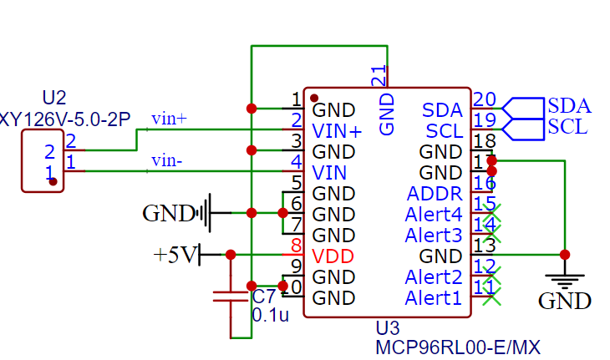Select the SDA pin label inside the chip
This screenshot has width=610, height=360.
pos(442,109)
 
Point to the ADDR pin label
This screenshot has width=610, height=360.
pos(435,194)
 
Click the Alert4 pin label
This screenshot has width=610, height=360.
pos(433,215)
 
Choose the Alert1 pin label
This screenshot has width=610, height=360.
pos(433,298)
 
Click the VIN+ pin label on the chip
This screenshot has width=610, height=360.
pos(337,131)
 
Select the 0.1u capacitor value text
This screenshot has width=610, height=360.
pos(270,315)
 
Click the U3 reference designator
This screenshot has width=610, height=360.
pos(389,327)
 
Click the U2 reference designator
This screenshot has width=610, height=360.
pos(53,99)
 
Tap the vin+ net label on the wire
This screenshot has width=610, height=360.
pos(169,119)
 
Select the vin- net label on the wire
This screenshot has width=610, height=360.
pos(168,160)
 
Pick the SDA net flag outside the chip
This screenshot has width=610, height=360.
pos(569,106)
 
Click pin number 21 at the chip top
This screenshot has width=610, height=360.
pos(379,76)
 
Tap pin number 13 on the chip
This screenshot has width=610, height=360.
pos(484,246)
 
